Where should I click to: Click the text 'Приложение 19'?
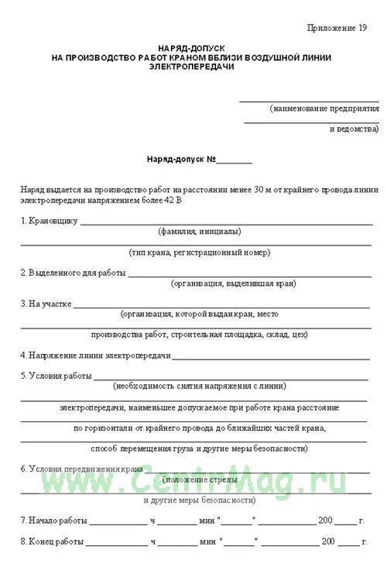337,27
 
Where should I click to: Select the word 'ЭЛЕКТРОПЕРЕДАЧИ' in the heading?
192,67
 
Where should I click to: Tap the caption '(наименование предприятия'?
324,108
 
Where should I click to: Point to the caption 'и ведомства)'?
354,128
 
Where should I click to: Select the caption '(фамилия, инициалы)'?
199,231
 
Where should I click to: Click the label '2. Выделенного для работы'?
72,273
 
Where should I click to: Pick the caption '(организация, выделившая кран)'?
233,284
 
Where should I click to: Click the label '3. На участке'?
46,304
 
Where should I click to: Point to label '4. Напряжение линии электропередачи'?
95,356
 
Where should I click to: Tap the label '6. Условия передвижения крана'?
81,469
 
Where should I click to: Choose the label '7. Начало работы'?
53,521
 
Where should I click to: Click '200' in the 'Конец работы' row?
328,541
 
